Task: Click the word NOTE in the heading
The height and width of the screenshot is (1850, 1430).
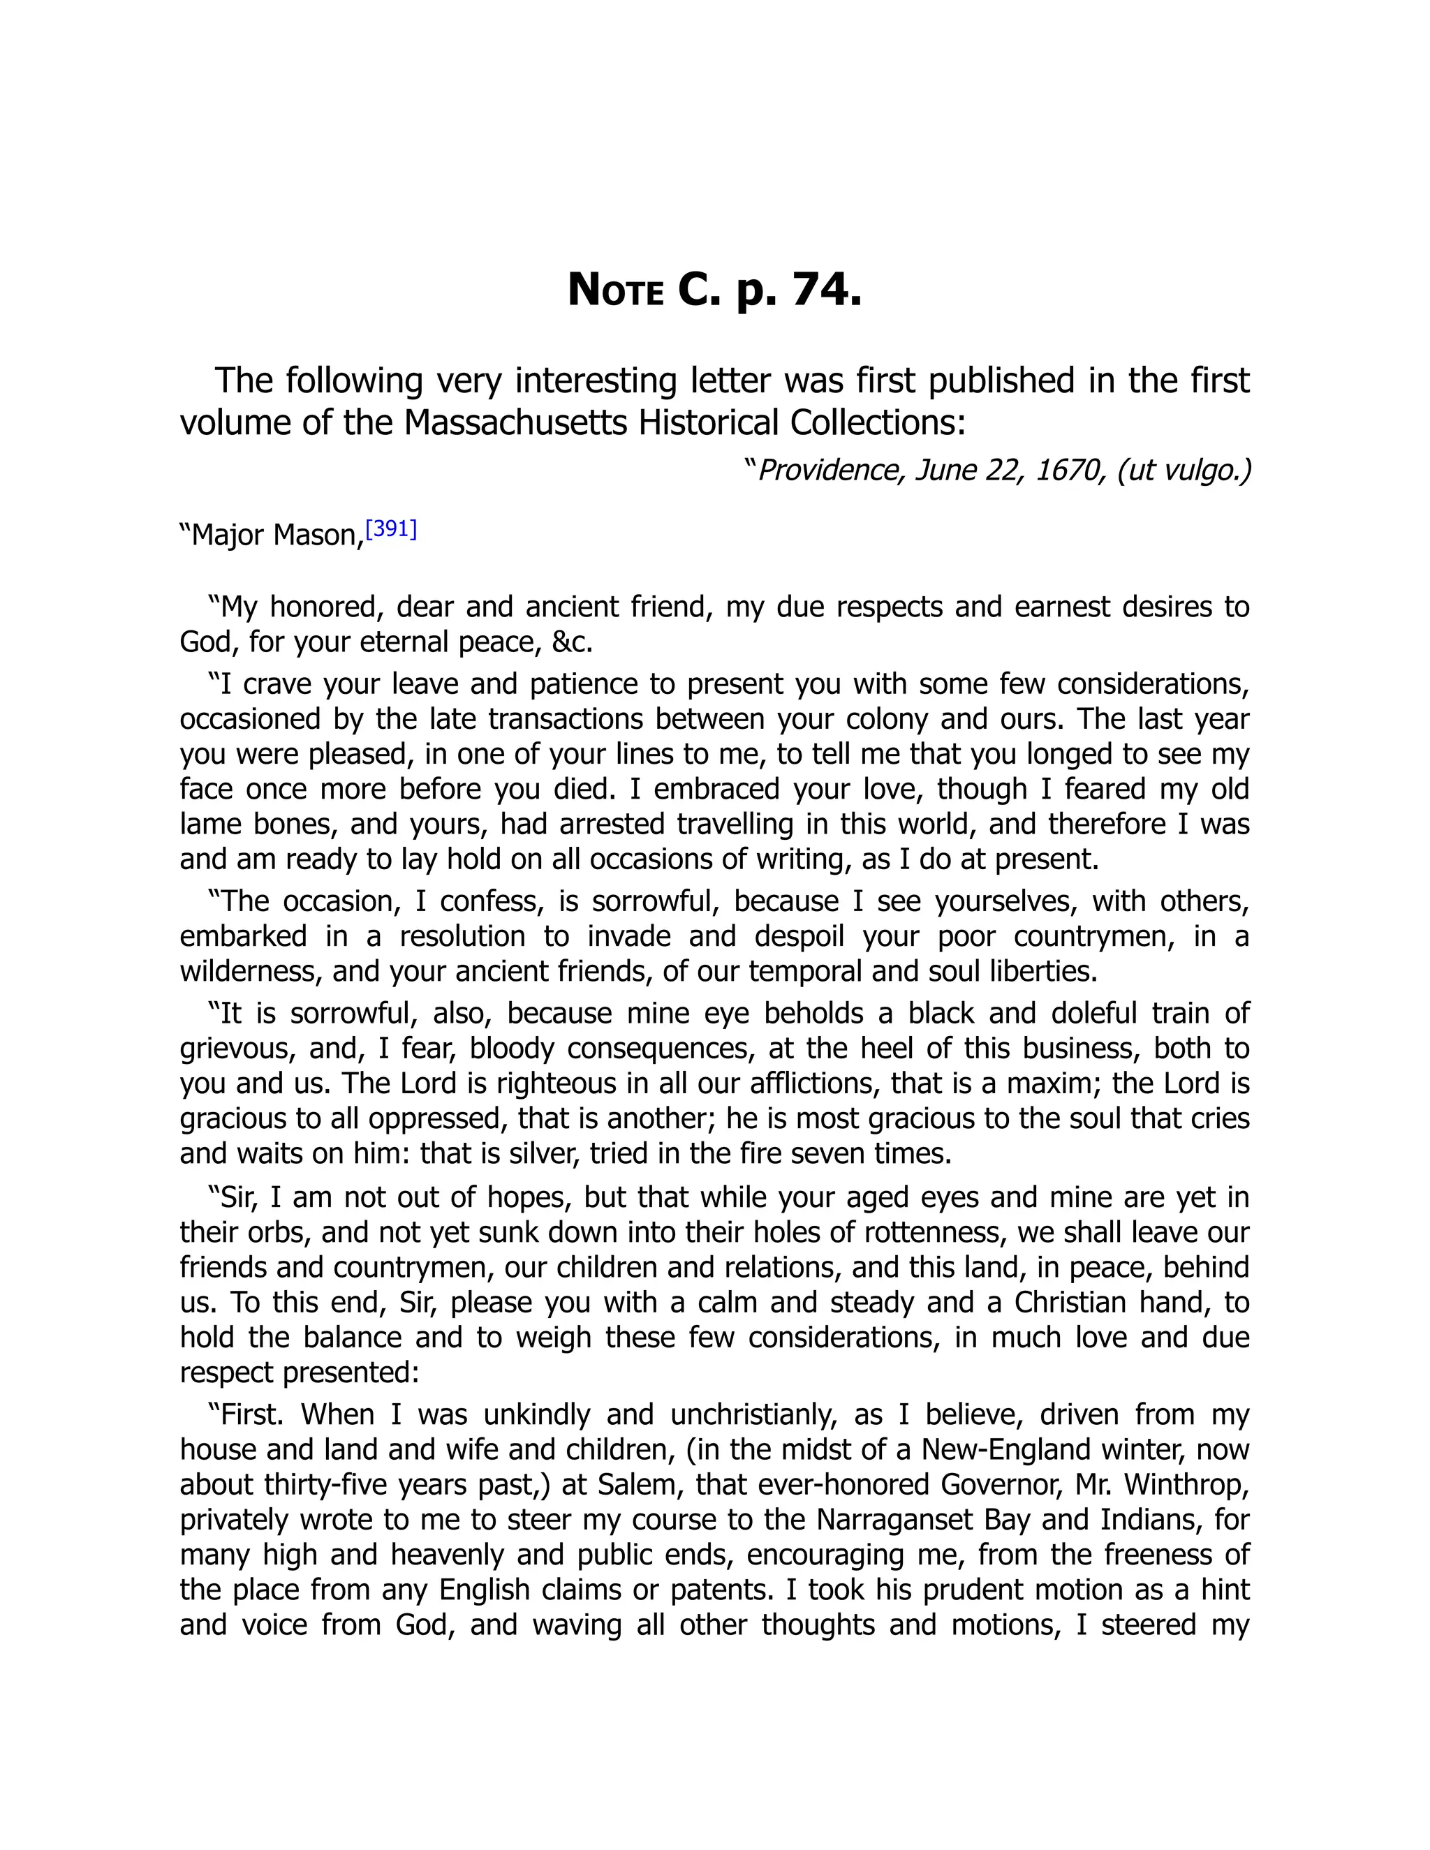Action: (615, 290)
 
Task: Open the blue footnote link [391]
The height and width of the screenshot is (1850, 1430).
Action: (390, 529)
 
